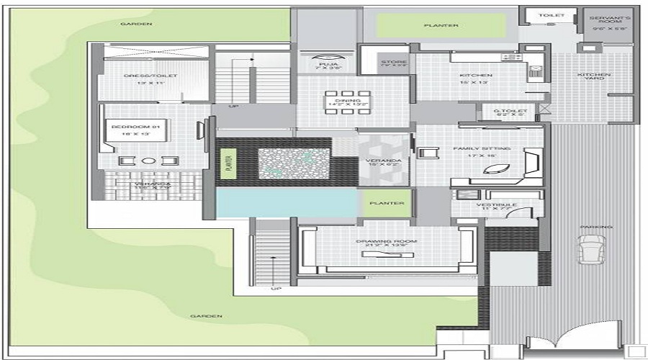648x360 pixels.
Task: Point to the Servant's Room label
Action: (609, 19)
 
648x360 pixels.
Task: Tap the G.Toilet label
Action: (506, 112)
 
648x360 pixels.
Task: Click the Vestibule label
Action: (497, 206)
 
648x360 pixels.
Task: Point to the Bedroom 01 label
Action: (128, 129)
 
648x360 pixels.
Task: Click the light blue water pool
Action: (287, 202)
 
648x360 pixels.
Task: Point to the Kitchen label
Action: (476, 76)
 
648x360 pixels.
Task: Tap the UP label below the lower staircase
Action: (275, 289)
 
